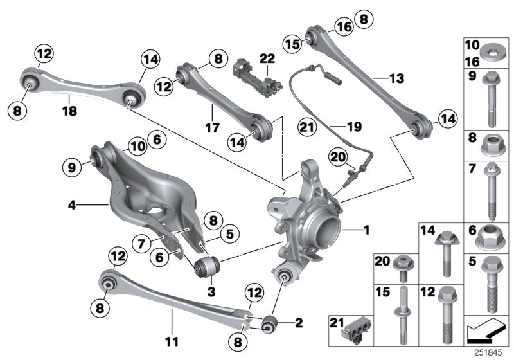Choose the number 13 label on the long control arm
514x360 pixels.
396,78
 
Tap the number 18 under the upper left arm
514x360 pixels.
69,111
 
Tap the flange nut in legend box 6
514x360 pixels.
492,239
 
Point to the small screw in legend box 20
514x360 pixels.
403,269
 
